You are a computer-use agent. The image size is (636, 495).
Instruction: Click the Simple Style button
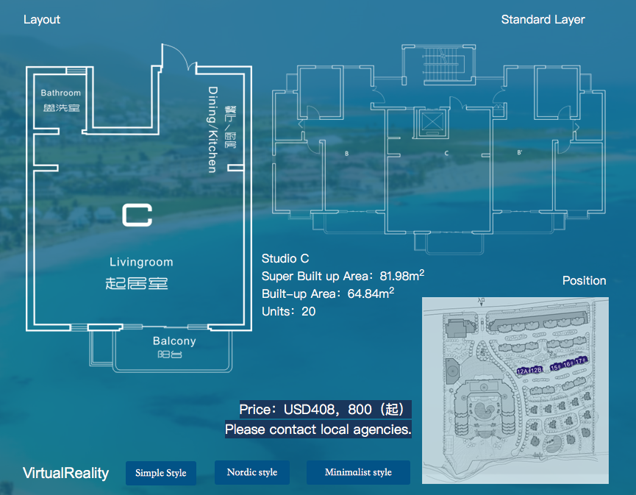161,473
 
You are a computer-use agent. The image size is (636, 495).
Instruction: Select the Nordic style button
251,472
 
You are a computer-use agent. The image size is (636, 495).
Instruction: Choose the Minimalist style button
358,472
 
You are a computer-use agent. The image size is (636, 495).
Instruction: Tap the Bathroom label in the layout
61,93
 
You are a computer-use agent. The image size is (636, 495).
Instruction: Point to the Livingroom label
141,262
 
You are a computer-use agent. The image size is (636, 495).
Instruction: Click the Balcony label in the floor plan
174,341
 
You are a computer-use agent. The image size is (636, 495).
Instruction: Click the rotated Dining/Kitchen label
212,129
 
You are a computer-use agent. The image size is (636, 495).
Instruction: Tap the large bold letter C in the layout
137,214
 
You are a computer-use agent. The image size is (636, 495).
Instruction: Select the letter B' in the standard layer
520,154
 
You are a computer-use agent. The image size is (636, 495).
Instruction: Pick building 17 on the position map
579,361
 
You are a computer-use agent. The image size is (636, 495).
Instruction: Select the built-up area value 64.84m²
371,294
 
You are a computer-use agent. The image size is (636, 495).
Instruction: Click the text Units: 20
288,312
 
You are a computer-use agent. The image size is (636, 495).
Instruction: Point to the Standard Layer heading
543,20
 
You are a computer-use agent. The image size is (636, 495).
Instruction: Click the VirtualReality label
65,473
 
